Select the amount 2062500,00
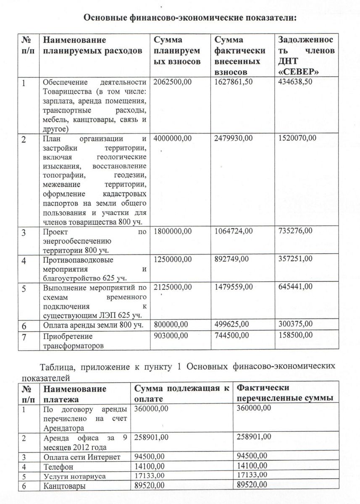click(173, 82)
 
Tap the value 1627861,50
click(234, 82)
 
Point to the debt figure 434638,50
click(296, 82)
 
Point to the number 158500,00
click(296, 335)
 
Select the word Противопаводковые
click(73, 260)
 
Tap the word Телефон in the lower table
click(58, 467)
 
